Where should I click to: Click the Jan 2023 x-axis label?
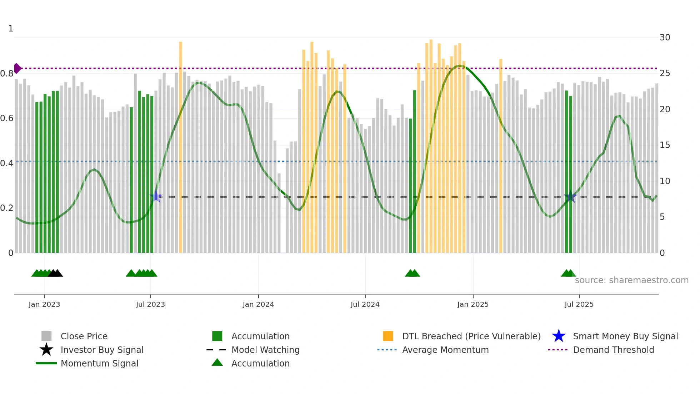coord(44,304)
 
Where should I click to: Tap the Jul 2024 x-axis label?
coord(365,304)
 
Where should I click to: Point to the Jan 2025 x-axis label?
coord(473,304)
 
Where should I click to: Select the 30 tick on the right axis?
coord(665,38)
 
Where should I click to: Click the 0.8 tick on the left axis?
coord(7,74)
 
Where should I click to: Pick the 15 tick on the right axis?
coord(665,145)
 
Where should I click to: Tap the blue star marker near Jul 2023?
coord(156,197)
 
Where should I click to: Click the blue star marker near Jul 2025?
coord(570,197)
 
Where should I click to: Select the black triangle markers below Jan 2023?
coord(55,273)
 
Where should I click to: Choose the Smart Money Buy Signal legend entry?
coord(625,336)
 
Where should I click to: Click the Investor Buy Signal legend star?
coord(46,350)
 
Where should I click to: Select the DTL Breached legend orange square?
coord(388,336)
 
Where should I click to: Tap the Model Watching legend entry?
coord(265,350)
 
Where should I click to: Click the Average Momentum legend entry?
coord(445,350)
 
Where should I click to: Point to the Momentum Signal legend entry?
coord(99,363)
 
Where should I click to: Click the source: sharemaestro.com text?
coord(631,280)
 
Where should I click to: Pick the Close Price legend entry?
coord(84,336)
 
